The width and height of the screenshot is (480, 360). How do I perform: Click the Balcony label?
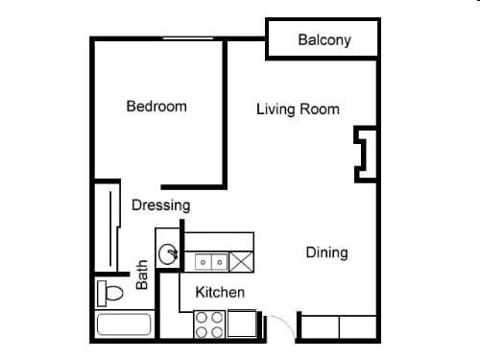324,40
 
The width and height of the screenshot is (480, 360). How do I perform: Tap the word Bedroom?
156,107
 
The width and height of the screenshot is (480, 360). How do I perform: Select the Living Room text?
298,109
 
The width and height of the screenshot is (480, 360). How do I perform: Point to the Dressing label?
160,204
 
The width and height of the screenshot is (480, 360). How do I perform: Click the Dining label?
326,252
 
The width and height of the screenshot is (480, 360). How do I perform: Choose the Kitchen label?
220,292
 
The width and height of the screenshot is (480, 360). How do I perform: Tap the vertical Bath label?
142,276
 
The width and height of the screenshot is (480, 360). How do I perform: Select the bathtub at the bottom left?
124,325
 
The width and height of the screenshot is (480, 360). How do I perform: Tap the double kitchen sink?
211,260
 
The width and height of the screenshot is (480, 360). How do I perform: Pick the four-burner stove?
208,325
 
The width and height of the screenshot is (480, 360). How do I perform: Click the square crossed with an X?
241,260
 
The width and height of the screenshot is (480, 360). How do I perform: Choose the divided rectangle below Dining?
340,327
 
